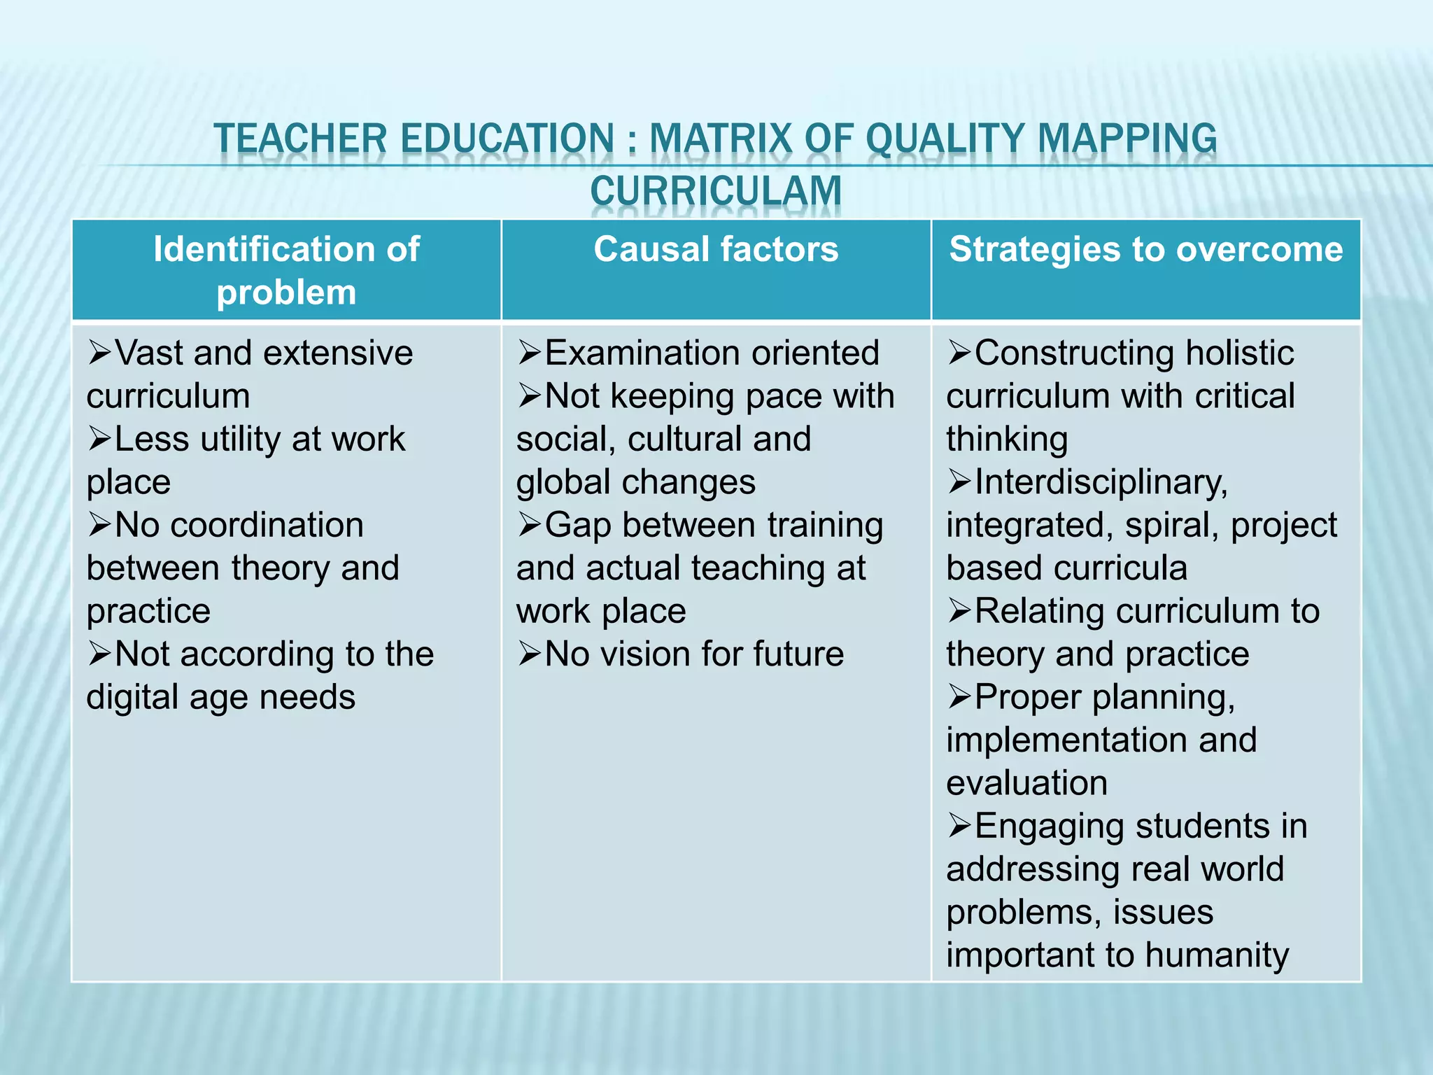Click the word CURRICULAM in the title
click(x=716, y=190)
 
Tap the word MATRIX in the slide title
click(x=722, y=138)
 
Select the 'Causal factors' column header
click(x=716, y=249)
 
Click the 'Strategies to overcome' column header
click(x=1146, y=249)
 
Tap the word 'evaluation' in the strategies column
click(x=1026, y=783)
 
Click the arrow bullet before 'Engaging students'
click(x=959, y=826)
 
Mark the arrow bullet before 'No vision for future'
click(x=530, y=654)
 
